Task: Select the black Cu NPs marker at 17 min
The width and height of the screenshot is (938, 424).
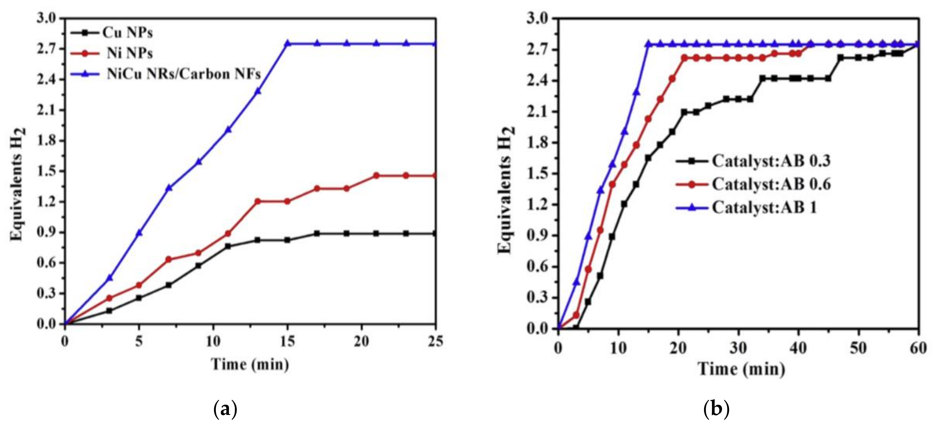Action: click(317, 234)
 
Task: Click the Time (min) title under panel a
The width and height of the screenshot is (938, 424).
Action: click(250, 364)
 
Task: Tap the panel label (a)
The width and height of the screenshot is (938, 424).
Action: click(225, 409)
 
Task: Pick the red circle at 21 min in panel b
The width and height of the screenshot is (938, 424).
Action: click(684, 58)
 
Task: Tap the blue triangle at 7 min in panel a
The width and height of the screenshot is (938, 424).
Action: click(169, 188)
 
